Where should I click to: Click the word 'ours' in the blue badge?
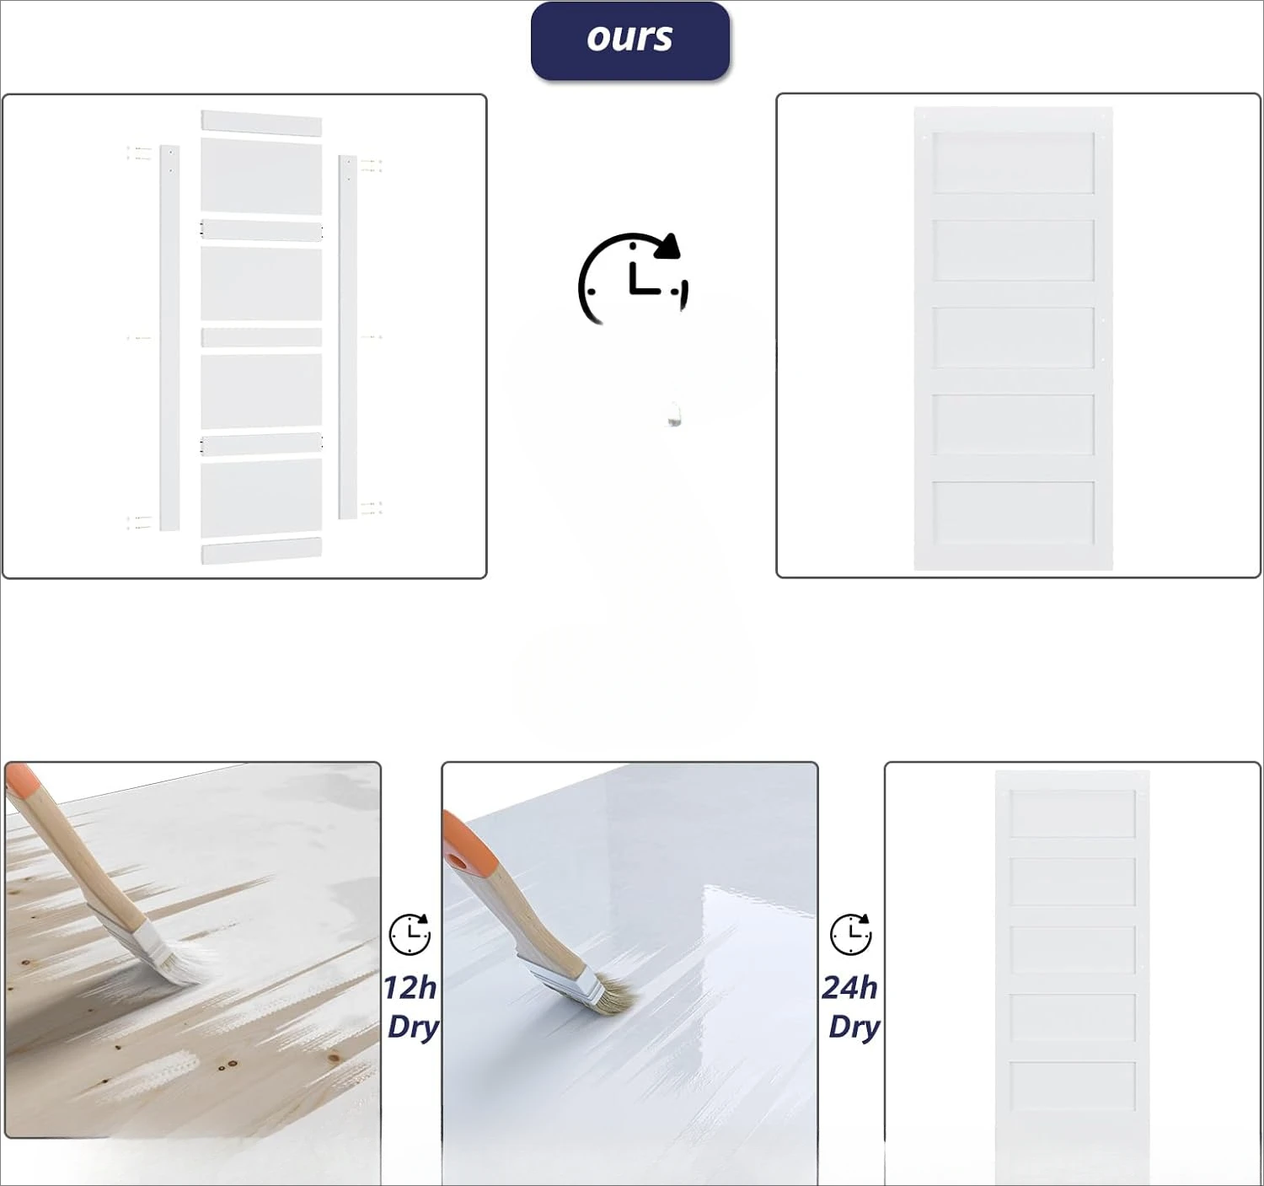[629, 38]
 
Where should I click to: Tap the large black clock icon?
[633, 279]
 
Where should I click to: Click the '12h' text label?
[410, 988]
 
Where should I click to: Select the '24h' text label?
[850, 988]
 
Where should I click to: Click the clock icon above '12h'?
[410, 934]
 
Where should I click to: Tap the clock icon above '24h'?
[851, 934]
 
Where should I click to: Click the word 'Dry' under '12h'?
[413, 1027]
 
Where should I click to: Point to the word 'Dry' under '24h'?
[854, 1027]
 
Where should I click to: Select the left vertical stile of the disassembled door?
[169, 337]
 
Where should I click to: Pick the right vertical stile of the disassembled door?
[347, 336]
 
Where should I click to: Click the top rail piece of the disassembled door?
[261, 123]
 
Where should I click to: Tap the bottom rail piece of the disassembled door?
[261, 550]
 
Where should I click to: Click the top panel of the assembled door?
[1013, 163]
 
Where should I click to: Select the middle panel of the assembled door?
[1013, 337]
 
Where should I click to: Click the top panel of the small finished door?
[1073, 813]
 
